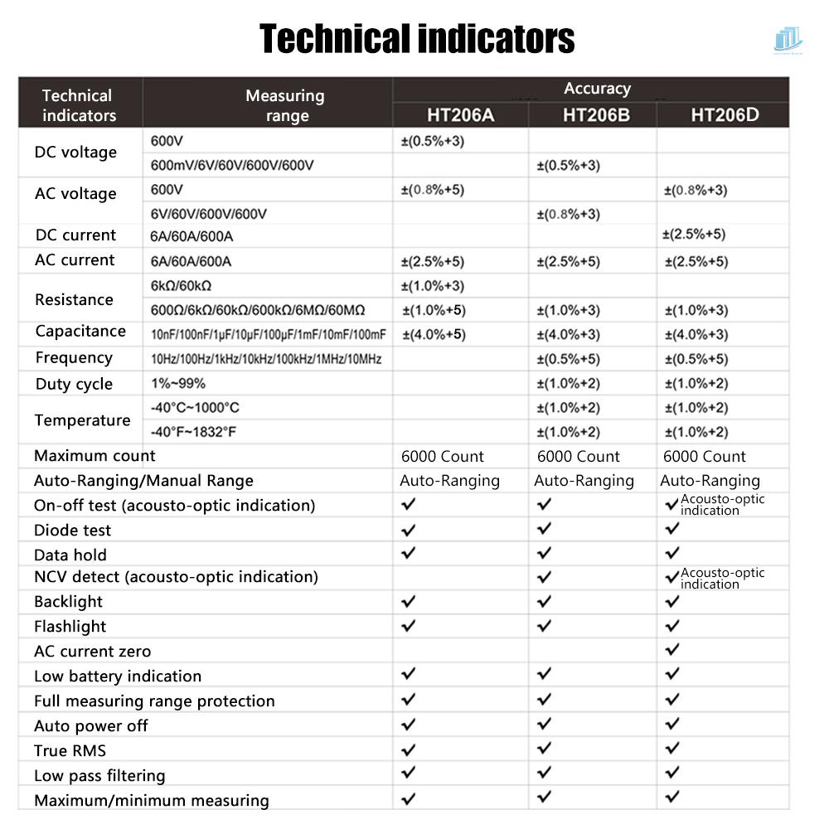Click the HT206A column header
coord(460,114)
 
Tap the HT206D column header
coord(725,114)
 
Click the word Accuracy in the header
coord(597,89)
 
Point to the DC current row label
coord(75,235)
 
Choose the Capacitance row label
coord(80,332)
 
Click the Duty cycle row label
coord(74,384)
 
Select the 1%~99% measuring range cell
coord(177,383)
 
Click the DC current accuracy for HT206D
coord(694,234)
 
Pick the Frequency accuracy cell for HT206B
coord(568,359)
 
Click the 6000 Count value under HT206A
coord(442,456)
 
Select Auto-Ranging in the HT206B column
coord(584,481)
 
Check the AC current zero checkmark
coord(672,649)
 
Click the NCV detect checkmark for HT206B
coord(544,576)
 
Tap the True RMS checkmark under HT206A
coord(408,750)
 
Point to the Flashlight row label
coord(70,627)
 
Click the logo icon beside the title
coord(788,40)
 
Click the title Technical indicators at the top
coord(417,39)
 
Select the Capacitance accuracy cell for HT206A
coord(434,335)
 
